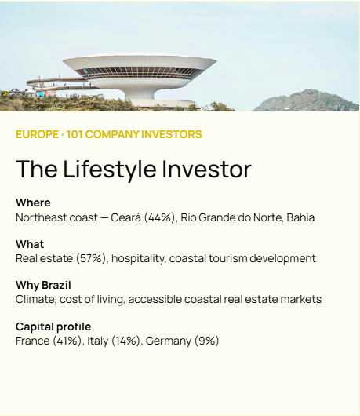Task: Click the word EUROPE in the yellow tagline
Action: (x=37, y=134)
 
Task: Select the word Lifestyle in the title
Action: (x=110, y=170)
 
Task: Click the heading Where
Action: (x=33, y=203)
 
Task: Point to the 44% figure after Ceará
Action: (x=159, y=217)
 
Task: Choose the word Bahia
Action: (x=300, y=217)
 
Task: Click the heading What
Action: (x=30, y=244)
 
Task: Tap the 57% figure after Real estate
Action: (x=91, y=258)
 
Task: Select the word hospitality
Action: (x=137, y=259)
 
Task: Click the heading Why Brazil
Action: (x=43, y=286)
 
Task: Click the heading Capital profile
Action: (x=53, y=327)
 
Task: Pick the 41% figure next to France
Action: (x=67, y=341)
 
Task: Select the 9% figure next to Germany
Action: (x=207, y=341)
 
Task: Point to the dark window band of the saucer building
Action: (x=139, y=71)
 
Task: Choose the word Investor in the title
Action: (x=206, y=170)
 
